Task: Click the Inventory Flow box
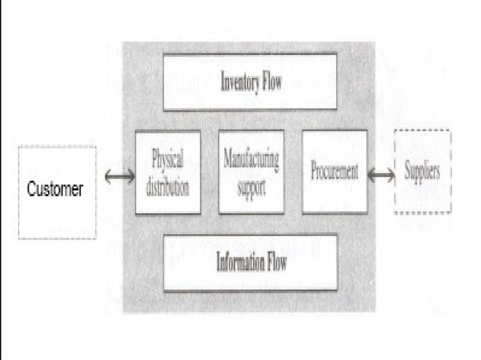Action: [250, 81]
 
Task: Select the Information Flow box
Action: [250, 263]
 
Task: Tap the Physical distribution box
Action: [167, 172]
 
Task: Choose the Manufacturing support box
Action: [251, 172]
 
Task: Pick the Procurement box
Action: [335, 172]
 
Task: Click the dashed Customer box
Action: [57, 193]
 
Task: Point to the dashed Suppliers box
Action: [422, 172]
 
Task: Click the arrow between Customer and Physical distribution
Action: [120, 177]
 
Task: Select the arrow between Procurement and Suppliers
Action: [381, 175]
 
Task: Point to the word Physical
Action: [167, 160]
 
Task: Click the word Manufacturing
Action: [251, 160]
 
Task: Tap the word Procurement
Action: [335, 171]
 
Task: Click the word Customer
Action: [55, 189]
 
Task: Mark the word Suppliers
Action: [422, 171]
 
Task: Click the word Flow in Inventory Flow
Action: [272, 82]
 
